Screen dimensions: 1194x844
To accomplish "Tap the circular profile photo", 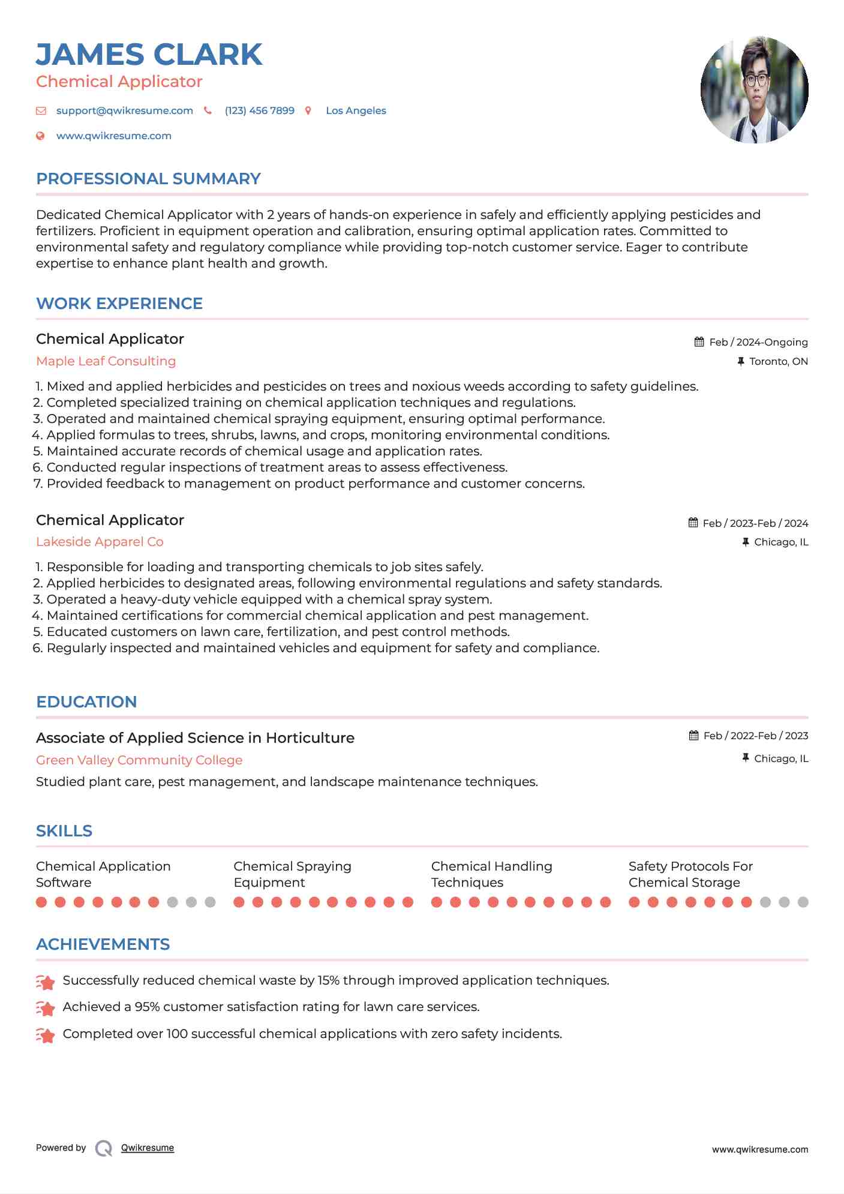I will click(x=754, y=90).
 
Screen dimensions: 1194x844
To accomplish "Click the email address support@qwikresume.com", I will click(x=124, y=110).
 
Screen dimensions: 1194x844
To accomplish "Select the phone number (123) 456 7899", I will click(x=259, y=110).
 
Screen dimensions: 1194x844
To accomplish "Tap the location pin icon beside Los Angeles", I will click(x=308, y=110).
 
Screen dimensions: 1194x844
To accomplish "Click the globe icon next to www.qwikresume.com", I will click(x=40, y=136).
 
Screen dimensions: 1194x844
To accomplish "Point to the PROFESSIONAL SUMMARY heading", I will click(x=148, y=179).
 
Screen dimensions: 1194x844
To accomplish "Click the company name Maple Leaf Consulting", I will click(x=106, y=361).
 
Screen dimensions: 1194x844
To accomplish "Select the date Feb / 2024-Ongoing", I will click(x=758, y=342).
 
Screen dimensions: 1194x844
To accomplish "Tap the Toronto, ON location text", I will click(x=778, y=361).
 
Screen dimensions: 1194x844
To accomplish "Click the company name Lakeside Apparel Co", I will click(x=100, y=542).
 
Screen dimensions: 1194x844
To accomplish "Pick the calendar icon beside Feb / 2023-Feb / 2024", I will click(x=693, y=523).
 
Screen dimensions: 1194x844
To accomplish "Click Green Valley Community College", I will click(x=139, y=760).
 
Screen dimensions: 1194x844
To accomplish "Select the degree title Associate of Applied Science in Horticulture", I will click(x=195, y=738).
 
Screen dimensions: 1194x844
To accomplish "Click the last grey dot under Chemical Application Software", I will click(x=210, y=902).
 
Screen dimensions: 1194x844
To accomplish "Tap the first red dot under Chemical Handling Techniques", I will click(x=437, y=902).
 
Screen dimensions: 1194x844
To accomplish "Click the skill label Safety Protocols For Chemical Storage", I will click(x=690, y=874).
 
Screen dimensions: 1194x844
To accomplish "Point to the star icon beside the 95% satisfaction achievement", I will click(x=46, y=1009).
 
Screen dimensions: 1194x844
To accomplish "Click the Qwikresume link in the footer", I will click(x=148, y=1148).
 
